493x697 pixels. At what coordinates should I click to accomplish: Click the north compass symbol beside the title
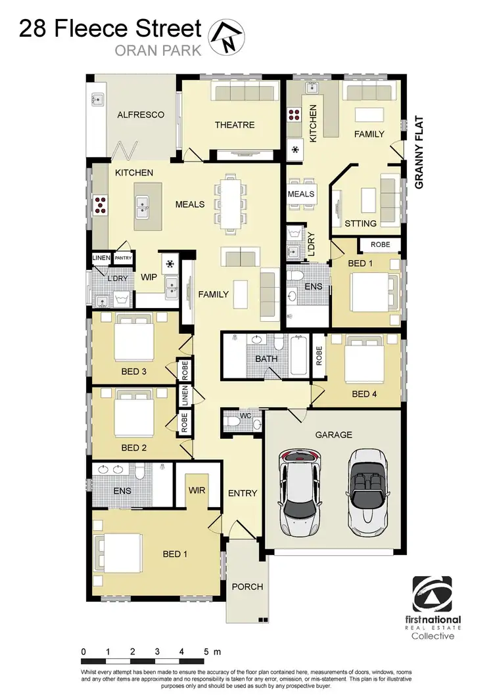click(x=225, y=36)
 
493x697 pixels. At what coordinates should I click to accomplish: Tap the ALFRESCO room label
click(x=141, y=115)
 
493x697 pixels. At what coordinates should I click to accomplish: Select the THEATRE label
click(x=235, y=125)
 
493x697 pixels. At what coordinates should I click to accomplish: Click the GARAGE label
click(x=334, y=434)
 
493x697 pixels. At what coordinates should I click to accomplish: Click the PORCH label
click(x=247, y=587)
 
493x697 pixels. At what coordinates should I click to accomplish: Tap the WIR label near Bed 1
click(x=197, y=490)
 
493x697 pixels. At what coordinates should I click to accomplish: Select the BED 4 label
click(x=365, y=394)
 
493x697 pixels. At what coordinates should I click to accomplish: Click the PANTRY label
click(x=124, y=259)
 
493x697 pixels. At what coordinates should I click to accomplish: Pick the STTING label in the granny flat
click(x=361, y=223)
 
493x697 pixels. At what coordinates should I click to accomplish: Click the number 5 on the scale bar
click(x=206, y=652)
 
